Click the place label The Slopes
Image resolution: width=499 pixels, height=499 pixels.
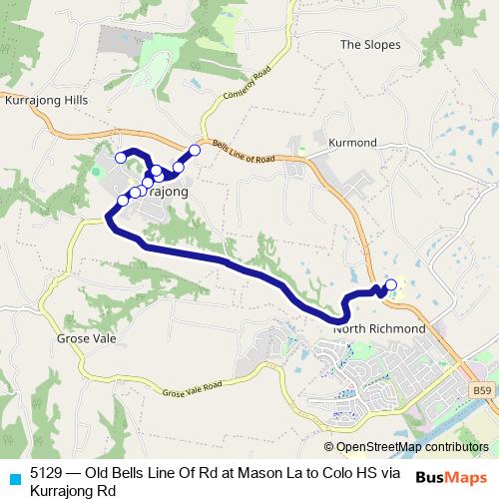tap(370, 44)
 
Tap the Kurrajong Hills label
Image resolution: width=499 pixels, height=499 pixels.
tap(47, 101)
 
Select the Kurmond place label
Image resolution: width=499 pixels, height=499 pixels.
tap(353, 144)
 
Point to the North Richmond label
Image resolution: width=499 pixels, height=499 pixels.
tap(380, 328)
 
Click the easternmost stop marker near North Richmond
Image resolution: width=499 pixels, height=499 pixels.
tap(390, 285)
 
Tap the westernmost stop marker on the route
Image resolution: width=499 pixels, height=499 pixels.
tap(121, 157)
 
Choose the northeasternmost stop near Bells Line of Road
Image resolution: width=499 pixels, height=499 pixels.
tap(195, 150)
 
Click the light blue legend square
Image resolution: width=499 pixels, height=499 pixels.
tap(11, 478)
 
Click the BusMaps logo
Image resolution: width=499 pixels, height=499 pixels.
tap(452, 477)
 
